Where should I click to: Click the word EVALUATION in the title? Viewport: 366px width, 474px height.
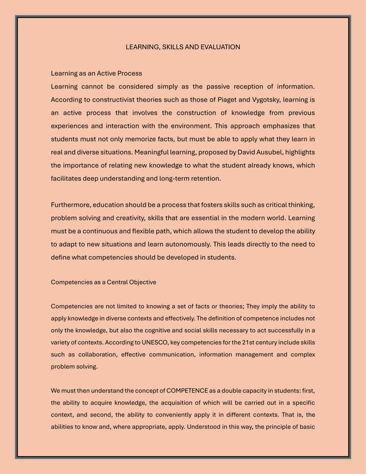click(x=218, y=46)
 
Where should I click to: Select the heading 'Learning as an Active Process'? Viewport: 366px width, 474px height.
click(x=96, y=73)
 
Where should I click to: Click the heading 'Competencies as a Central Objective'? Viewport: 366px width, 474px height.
click(x=104, y=282)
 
